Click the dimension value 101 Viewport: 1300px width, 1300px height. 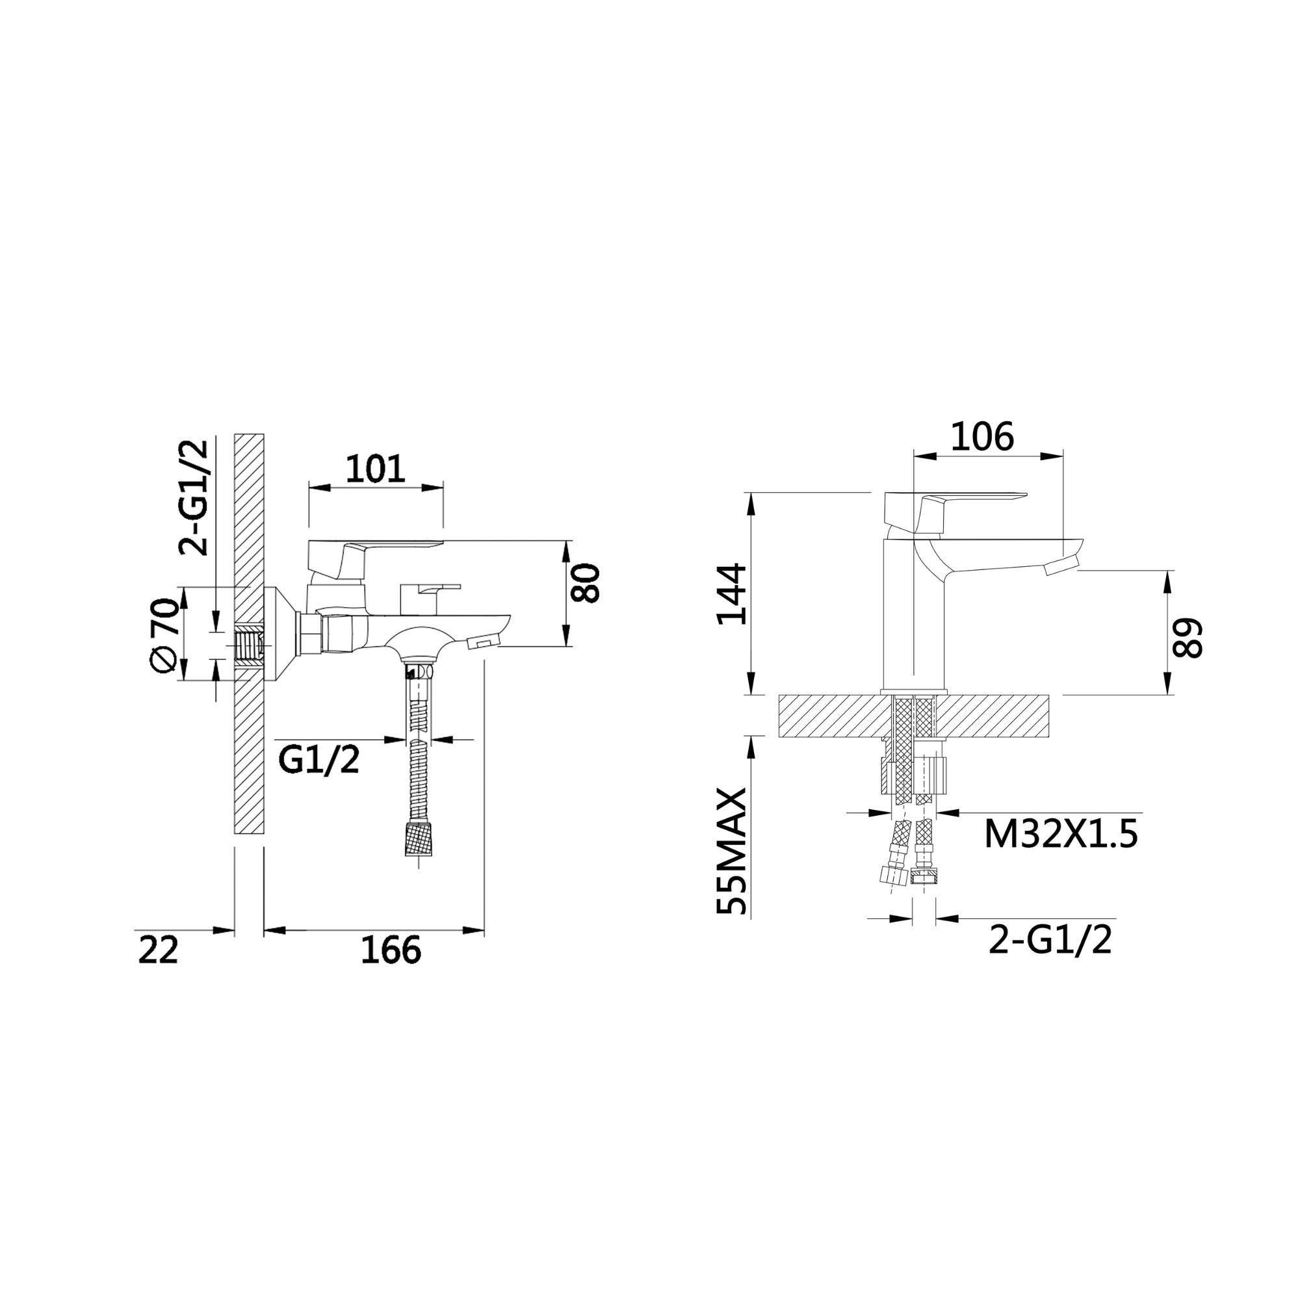(x=376, y=469)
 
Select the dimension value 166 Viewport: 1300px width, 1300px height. (x=391, y=950)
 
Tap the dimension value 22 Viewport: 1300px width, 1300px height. (x=159, y=950)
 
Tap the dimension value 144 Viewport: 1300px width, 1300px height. (x=732, y=594)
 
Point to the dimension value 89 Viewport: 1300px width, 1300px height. (x=1186, y=638)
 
